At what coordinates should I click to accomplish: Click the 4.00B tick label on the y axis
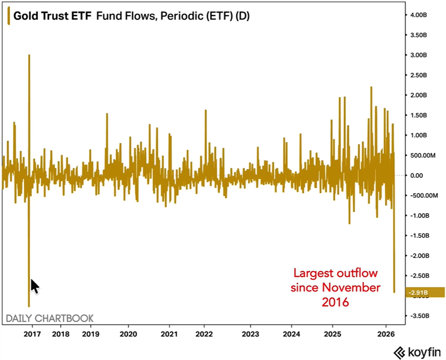(x=418, y=15)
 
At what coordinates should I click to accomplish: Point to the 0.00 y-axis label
(x=416, y=175)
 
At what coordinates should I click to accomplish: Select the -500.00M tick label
(x=424, y=195)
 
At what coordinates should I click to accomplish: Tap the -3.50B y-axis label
(x=419, y=316)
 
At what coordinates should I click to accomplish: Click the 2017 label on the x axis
(x=32, y=334)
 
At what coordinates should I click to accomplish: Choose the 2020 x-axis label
(x=128, y=334)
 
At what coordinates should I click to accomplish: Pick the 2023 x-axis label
(x=250, y=334)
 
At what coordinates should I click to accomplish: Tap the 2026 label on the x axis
(x=386, y=334)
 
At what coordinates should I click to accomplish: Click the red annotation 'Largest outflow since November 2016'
(x=335, y=287)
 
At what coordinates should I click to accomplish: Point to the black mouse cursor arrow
(x=34, y=286)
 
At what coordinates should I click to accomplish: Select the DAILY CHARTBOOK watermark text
(x=50, y=318)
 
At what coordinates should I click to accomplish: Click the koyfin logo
(x=417, y=352)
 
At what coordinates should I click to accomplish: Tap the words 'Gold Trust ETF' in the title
(x=52, y=16)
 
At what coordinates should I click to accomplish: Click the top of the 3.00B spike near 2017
(x=29, y=55)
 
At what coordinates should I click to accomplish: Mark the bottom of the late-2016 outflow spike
(x=29, y=306)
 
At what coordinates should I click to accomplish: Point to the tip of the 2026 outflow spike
(x=394, y=292)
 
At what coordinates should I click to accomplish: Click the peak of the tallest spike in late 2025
(x=371, y=87)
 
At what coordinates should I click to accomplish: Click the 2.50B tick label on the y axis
(x=418, y=75)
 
